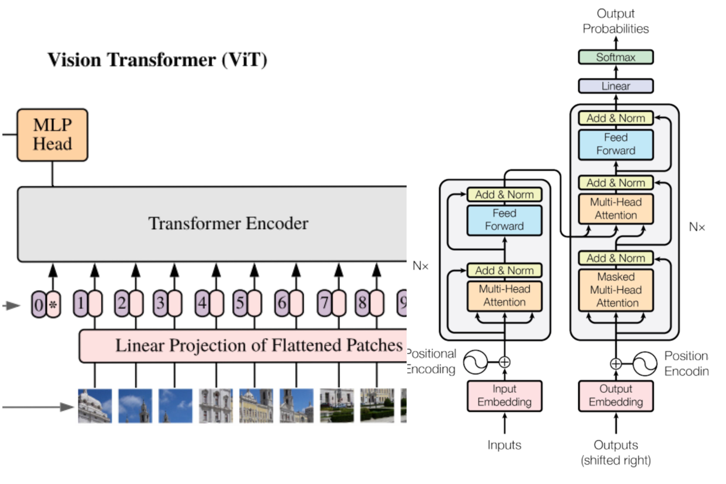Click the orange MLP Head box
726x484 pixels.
[x=52, y=135]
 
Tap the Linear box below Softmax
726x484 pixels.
[x=616, y=86]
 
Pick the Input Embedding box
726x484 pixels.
[x=504, y=395]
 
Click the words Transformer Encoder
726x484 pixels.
[x=228, y=223]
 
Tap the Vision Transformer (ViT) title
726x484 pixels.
[x=157, y=60]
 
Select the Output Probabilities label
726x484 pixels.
[x=616, y=21]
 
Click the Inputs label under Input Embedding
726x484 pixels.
[x=504, y=445]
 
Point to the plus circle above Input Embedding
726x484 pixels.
[x=504, y=362]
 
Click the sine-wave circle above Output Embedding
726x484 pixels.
[x=644, y=364]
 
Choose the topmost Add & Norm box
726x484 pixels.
[x=616, y=118]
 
